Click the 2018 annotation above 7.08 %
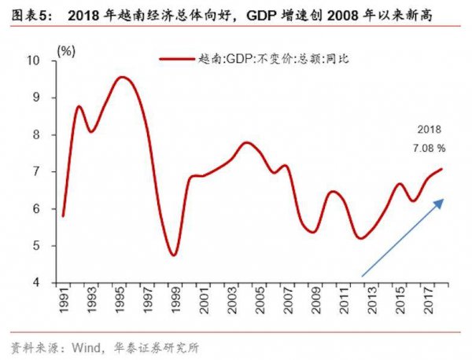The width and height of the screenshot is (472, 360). tap(430, 130)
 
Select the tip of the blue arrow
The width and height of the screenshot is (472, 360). tap(444, 200)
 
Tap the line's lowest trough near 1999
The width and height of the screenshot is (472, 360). tap(173, 255)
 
